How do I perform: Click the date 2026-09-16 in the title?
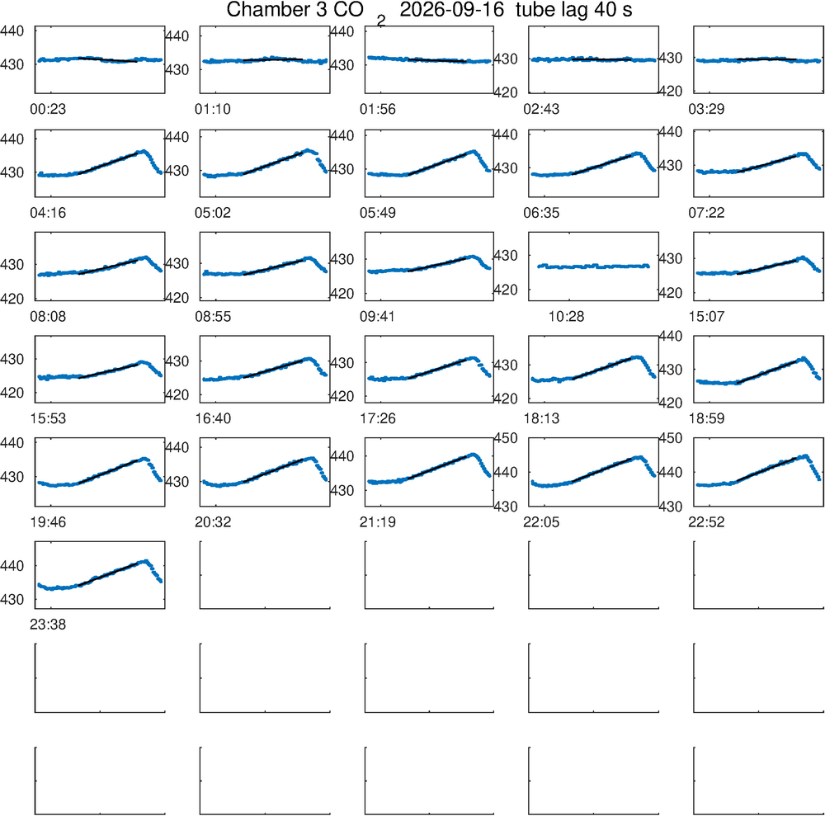(451, 9)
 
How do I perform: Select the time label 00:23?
(48, 109)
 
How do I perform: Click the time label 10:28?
(566, 316)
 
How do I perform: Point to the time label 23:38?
(48, 625)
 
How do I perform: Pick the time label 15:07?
(707, 316)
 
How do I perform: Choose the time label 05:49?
(378, 213)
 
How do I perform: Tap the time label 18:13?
(541, 418)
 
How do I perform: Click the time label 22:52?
(707, 522)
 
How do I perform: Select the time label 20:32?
(213, 522)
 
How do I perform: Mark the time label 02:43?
(541, 109)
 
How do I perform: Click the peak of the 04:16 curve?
(143, 152)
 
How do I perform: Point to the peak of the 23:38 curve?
(146, 561)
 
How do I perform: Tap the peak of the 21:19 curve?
(473, 455)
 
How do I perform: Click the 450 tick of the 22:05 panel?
(506, 438)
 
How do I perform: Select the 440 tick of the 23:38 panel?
(12, 565)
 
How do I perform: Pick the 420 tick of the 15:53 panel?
(12, 393)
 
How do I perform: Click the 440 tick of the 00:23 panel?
(12, 31)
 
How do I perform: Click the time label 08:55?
(213, 316)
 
